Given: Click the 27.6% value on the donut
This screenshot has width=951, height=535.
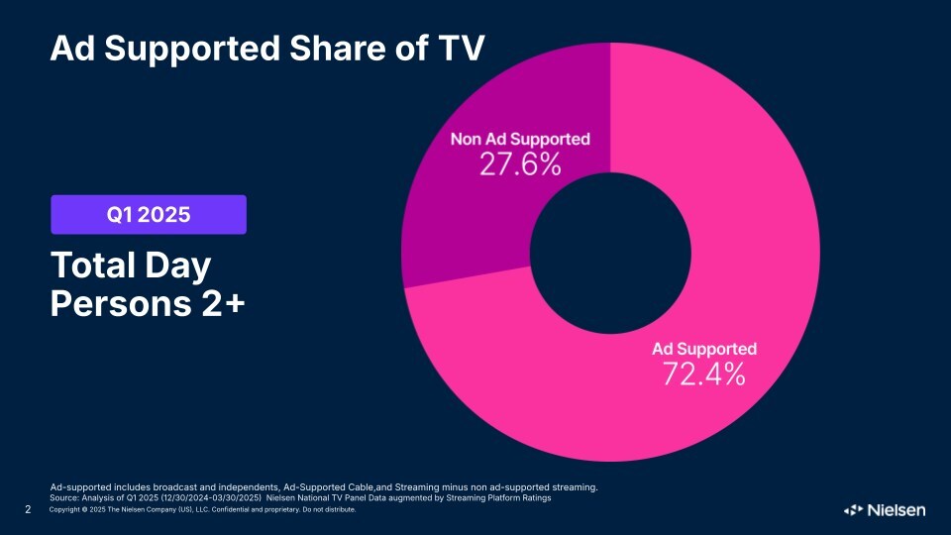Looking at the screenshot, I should coord(520,164).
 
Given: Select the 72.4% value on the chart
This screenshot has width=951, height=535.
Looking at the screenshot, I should coord(703,374).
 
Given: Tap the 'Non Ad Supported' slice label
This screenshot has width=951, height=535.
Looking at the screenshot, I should coord(520,140).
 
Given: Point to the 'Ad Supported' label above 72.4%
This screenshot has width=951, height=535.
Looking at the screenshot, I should coord(703,349).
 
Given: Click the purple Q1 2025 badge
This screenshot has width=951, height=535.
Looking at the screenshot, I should coord(149,214).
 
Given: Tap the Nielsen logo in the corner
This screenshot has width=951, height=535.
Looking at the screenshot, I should coord(885,510).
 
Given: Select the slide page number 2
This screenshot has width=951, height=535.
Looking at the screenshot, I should coord(28,510).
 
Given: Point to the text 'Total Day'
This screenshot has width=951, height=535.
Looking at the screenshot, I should coord(132,266).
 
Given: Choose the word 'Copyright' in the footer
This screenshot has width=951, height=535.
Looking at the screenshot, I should coord(63,511).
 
